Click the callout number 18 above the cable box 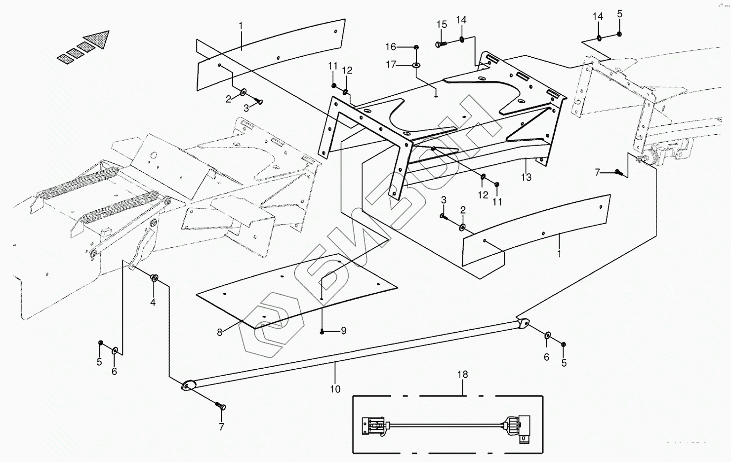click(x=462, y=375)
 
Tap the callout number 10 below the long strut click(x=335, y=389)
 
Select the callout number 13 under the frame click(x=526, y=177)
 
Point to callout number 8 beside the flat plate click(x=220, y=332)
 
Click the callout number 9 click(x=344, y=331)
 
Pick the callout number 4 click(x=153, y=302)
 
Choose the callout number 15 click(x=441, y=25)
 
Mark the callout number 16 click(x=391, y=47)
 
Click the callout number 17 click(x=391, y=64)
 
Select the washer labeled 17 click(x=416, y=65)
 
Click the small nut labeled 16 click(x=416, y=47)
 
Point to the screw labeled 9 click(x=322, y=331)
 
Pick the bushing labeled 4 click(x=154, y=279)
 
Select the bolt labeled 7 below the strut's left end click(x=220, y=406)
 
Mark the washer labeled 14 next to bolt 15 click(x=461, y=39)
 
